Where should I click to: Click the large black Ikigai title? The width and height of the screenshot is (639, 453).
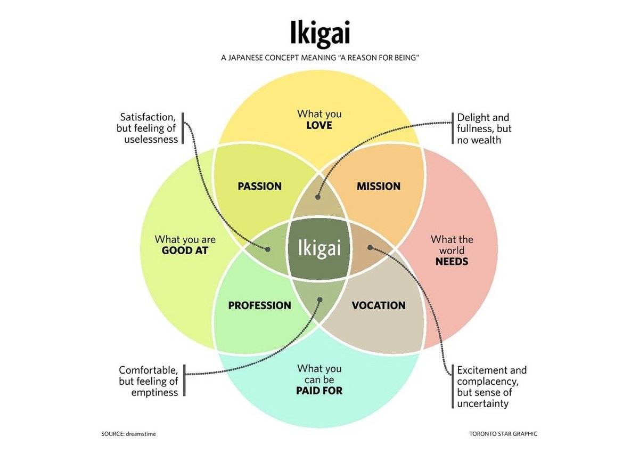[320, 33]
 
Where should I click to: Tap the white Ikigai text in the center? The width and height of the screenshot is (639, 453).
[318, 248]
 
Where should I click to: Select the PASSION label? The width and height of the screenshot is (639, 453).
[259, 186]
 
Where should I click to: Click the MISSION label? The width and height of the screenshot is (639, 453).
[378, 186]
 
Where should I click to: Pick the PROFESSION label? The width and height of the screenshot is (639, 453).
[259, 305]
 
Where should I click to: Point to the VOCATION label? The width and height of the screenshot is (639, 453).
[379, 305]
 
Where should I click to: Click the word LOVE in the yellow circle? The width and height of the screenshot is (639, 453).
[319, 125]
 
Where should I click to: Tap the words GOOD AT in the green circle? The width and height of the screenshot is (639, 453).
[185, 250]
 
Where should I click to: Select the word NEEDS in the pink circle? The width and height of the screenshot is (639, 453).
[452, 262]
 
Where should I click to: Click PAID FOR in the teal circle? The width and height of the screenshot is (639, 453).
[319, 391]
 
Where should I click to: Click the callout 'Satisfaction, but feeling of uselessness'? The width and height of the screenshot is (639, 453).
[148, 128]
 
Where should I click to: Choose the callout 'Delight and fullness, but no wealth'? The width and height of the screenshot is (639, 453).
[484, 128]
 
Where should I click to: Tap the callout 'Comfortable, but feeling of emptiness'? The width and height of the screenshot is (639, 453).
[149, 381]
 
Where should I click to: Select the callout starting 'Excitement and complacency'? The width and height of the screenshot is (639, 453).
[491, 386]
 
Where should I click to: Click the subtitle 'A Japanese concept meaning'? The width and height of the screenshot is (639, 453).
[320, 57]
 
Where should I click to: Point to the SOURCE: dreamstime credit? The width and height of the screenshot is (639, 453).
[128, 434]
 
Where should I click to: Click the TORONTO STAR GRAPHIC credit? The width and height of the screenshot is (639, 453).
[503, 434]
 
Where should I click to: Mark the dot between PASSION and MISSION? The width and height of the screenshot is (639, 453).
[318, 197]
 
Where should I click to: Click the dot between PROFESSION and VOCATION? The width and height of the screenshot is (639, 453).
[320, 300]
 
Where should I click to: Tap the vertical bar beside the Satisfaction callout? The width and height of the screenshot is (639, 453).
[183, 128]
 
